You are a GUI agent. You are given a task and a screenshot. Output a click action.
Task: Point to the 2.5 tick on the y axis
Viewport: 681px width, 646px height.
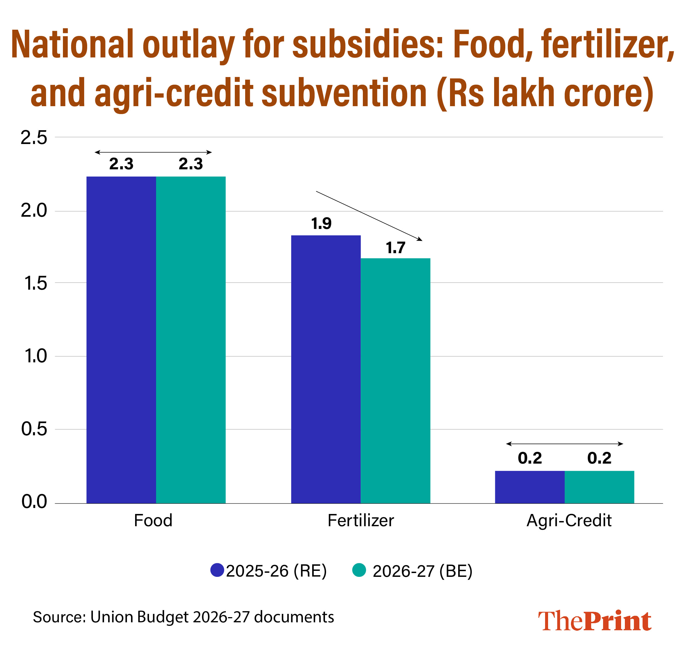tap(34, 138)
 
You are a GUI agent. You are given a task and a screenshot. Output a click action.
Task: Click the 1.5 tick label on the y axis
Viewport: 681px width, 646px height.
tap(35, 283)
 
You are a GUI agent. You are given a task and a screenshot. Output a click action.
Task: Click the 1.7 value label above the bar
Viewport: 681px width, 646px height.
tap(395, 248)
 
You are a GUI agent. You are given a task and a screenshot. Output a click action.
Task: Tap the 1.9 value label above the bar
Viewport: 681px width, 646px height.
tap(321, 224)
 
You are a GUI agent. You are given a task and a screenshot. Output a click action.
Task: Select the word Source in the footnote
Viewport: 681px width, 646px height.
tap(59, 617)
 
